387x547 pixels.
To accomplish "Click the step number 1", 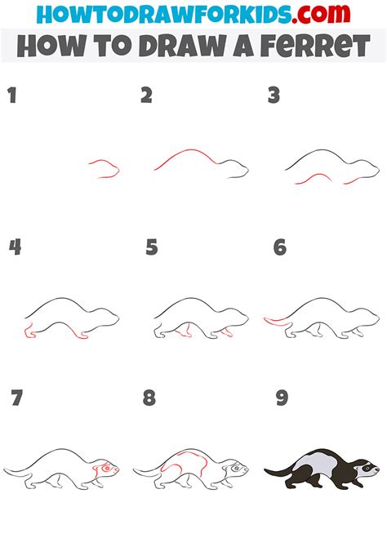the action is tap(12, 96).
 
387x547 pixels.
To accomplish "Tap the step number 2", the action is tap(146, 96).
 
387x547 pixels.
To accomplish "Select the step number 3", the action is tap(274, 96).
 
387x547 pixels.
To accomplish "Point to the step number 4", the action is tap(15, 247).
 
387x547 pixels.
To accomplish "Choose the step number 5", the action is tap(152, 247).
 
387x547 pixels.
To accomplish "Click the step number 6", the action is tap(280, 247).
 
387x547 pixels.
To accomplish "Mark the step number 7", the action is tap(17, 398).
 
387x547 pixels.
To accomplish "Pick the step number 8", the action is tap(149, 398).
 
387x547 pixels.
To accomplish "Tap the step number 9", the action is tap(282, 398).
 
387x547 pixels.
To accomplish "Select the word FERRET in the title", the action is tap(315, 46).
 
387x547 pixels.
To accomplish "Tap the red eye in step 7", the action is tap(107, 468).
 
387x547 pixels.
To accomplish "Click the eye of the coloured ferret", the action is tap(367, 468).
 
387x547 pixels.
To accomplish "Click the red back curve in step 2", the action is tap(185, 155).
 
